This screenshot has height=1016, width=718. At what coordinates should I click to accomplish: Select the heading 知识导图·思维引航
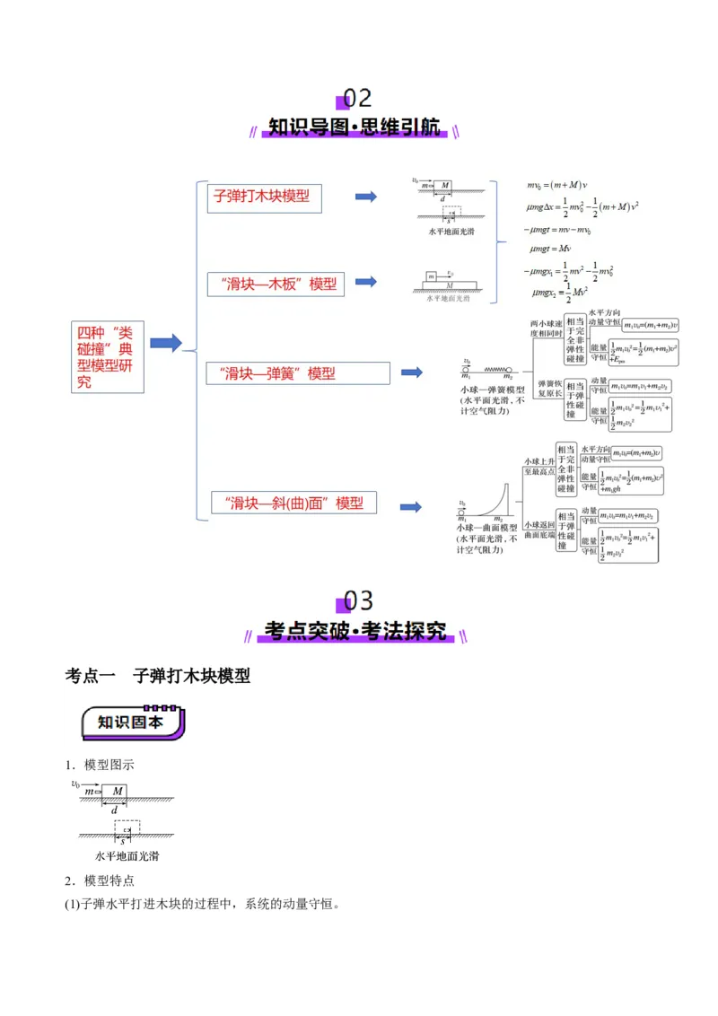pos(355,127)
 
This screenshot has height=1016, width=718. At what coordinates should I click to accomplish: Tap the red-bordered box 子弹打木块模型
pos(264,197)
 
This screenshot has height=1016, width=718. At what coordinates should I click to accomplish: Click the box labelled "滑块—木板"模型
pos(276,284)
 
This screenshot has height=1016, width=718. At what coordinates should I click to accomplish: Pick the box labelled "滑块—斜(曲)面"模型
pos(293,504)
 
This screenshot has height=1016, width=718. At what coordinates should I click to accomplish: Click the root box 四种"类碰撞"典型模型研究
pos(108,356)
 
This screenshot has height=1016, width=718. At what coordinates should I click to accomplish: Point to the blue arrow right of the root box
pos(166,343)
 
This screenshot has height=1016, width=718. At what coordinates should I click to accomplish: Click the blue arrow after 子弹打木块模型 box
pos(365,197)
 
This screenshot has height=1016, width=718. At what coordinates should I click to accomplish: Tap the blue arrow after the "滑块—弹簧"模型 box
pos(411,372)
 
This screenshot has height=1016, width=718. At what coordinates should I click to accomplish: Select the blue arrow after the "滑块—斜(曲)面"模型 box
pos(411,506)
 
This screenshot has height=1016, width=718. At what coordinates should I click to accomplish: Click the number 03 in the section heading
pos(358,600)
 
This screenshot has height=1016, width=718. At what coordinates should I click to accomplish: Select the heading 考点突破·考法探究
pos(355,631)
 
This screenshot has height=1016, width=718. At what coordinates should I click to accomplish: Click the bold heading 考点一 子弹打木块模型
pos(158,676)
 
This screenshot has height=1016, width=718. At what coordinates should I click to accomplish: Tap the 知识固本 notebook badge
pos(132,723)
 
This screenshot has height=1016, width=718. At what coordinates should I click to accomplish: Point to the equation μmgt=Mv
pos(551,248)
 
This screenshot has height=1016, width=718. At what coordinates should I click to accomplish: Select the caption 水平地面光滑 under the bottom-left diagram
pos(127,856)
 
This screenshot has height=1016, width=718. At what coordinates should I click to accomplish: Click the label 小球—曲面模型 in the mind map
pos(488,529)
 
